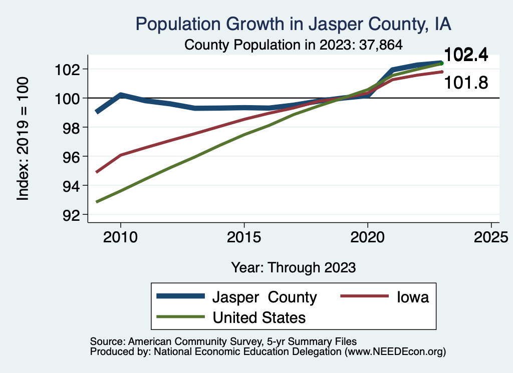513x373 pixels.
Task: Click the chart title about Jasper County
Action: (x=294, y=24)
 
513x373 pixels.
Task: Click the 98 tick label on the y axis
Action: (x=71, y=127)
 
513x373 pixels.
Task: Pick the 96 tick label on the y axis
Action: (x=71, y=157)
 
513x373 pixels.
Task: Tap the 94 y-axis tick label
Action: (x=71, y=186)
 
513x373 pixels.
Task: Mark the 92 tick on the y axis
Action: (x=71, y=215)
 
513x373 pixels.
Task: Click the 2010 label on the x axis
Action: (x=120, y=237)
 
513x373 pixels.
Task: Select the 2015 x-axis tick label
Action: (x=244, y=237)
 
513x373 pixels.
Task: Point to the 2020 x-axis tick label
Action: (x=368, y=237)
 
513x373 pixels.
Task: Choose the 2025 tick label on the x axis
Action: (x=491, y=237)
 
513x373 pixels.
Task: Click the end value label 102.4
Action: (x=466, y=56)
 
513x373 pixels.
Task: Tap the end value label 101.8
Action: (x=466, y=83)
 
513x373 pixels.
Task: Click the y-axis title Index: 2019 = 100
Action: (x=23, y=139)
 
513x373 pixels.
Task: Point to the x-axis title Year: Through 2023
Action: (x=294, y=267)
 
